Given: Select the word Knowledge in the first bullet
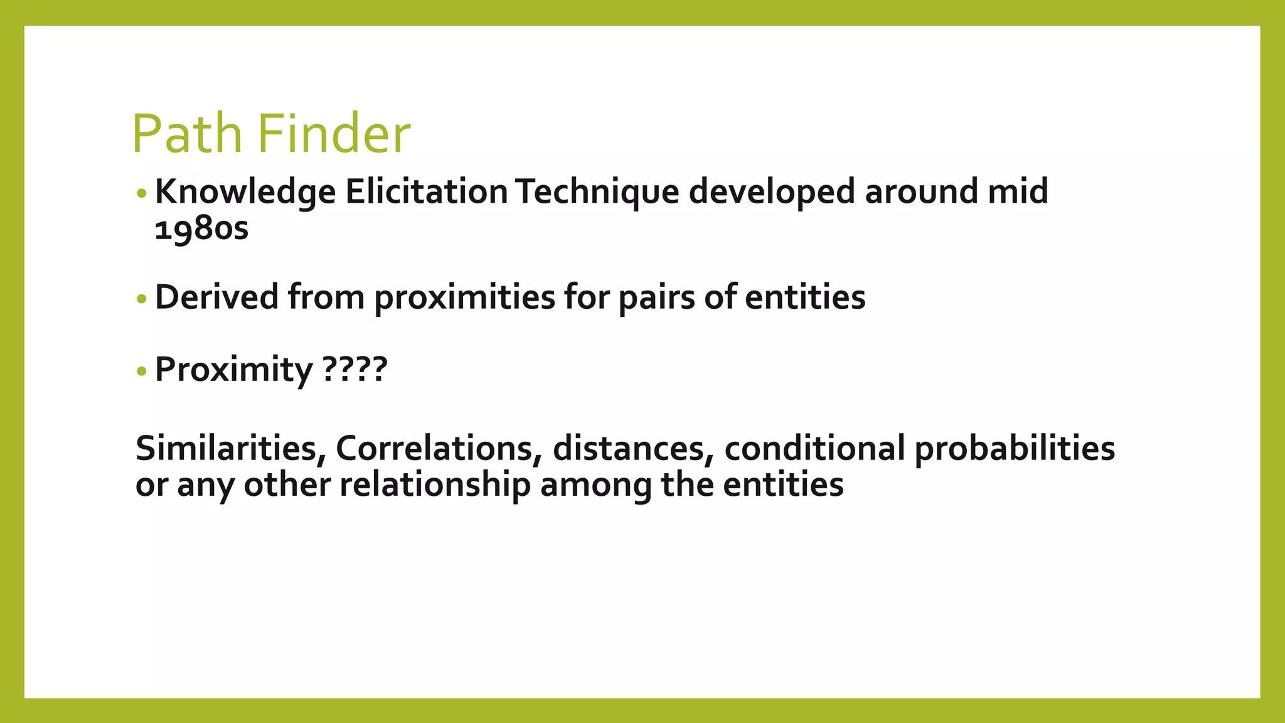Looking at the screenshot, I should pyautogui.click(x=245, y=192).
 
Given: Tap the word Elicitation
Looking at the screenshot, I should pyautogui.click(x=426, y=192).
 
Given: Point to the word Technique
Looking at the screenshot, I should pyautogui.click(x=598, y=192).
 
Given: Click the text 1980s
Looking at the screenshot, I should pyautogui.click(x=201, y=228).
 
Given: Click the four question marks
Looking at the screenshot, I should pyautogui.click(x=355, y=370).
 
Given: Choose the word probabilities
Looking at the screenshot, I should pyautogui.click(x=1015, y=448).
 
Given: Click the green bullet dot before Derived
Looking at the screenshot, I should pyautogui.click(x=141, y=299).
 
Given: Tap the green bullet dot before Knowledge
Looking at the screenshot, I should pyautogui.click(x=141, y=193).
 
